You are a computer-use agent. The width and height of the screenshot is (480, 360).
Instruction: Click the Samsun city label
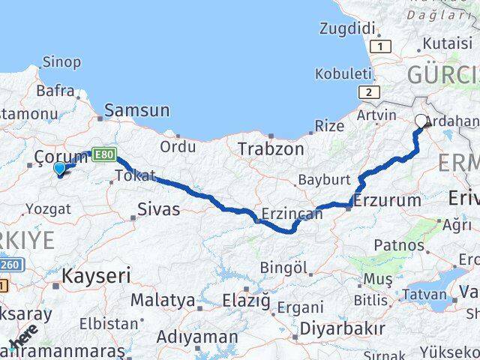pyautogui.click(x=136, y=111)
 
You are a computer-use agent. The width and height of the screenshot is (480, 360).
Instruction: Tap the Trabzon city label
pyautogui.click(x=271, y=149)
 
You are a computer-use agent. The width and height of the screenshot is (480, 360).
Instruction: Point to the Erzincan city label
pyautogui.click(x=292, y=214)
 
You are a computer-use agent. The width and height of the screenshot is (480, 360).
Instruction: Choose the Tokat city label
pyautogui.click(x=135, y=176)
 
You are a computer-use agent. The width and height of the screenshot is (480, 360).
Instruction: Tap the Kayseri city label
pyautogui.click(x=95, y=275)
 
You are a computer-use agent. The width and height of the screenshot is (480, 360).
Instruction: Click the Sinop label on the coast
pyautogui.click(x=61, y=62)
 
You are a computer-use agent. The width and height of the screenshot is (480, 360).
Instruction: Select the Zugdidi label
pyautogui.click(x=346, y=28)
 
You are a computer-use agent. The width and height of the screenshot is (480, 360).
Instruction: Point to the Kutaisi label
pyautogui.click(x=448, y=43)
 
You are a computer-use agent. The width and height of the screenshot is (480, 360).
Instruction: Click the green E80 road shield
pyautogui.click(x=104, y=154)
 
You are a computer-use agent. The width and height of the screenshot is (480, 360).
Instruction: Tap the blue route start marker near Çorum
pyautogui.click(x=60, y=169)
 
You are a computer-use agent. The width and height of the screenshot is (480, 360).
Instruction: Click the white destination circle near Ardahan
pyautogui.click(x=421, y=119)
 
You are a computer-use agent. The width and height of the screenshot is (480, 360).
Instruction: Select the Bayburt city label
pyautogui.click(x=325, y=181)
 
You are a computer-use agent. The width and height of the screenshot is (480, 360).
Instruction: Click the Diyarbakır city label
pyautogui.click(x=342, y=328)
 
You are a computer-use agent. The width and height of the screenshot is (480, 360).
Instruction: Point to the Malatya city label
pyautogui.click(x=163, y=300)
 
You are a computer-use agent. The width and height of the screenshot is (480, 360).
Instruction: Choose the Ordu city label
pyautogui.click(x=178, y=146)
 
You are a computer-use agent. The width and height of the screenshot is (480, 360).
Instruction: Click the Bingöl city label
pyautogui.click(x=283, y=267)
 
